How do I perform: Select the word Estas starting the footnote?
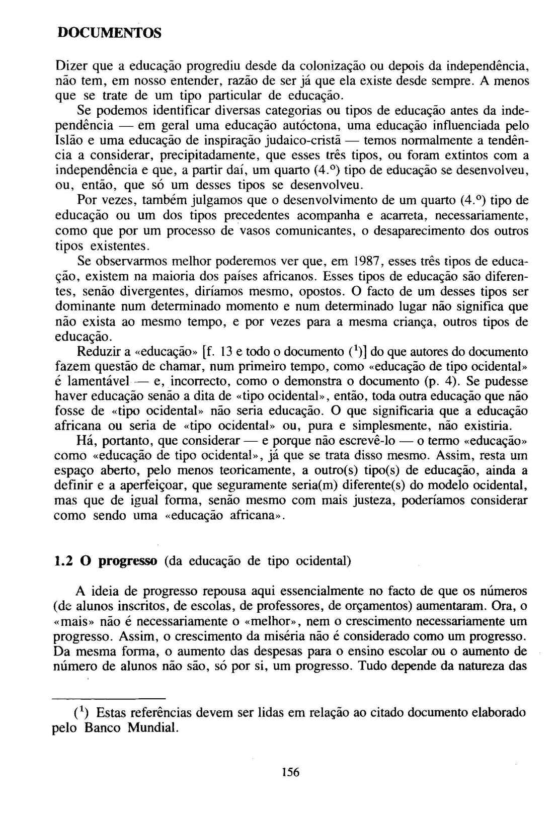coord(110,713)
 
